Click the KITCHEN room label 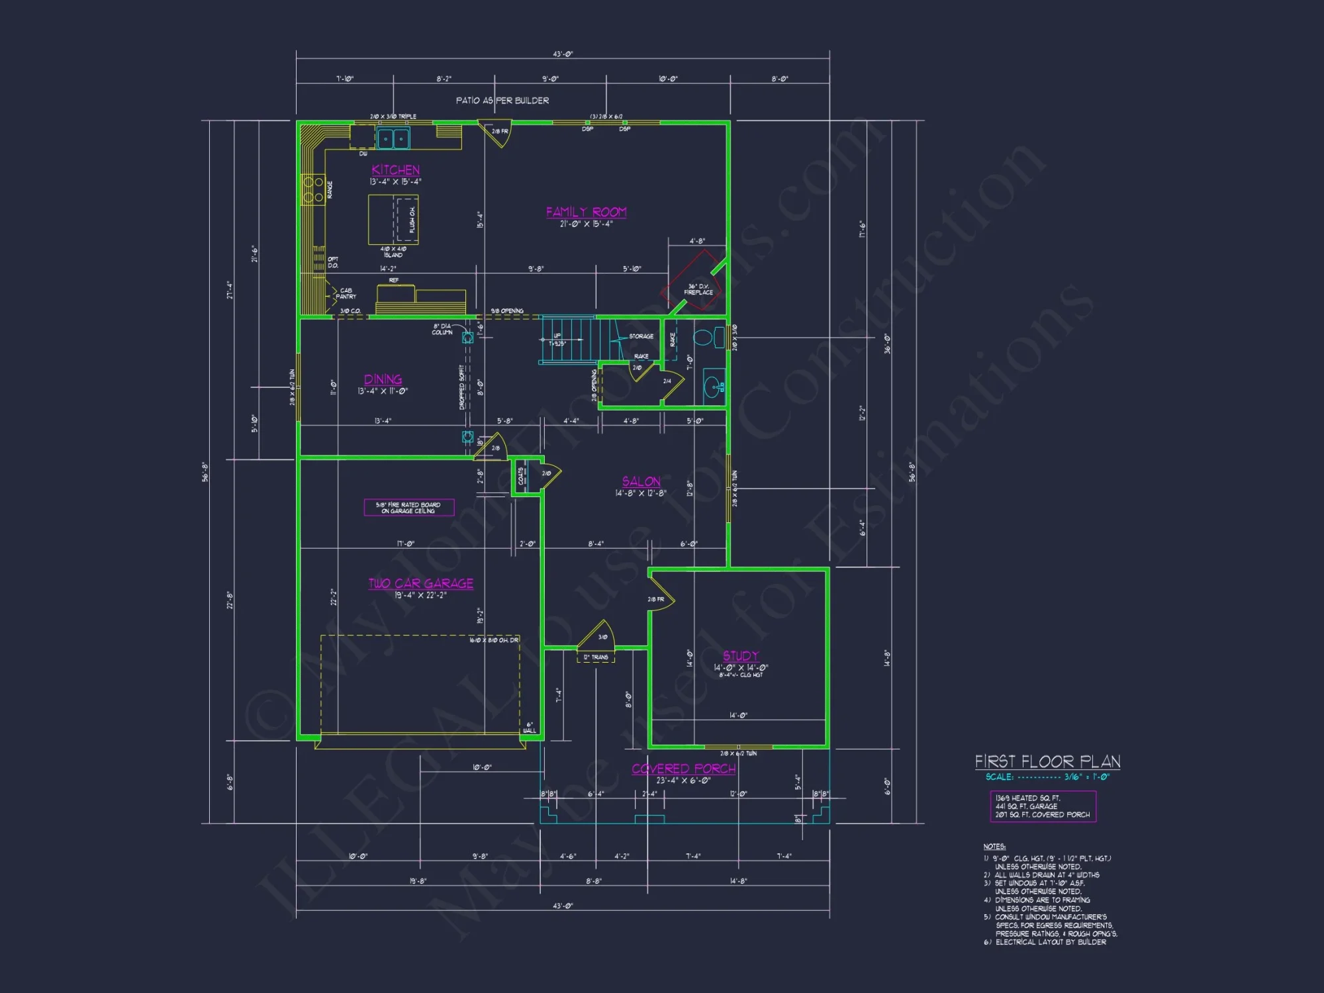(395, 170)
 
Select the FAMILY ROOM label (586, 212)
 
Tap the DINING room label (383, 379)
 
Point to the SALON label (641, 481)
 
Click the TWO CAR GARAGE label (421, 583)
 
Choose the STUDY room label (741, 656)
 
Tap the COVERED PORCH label (683, 769)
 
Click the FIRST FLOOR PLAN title (1047, 762)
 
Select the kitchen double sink (393, 139)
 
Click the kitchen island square (393, 220)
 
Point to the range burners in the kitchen (313, 189)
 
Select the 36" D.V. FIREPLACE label (698, 289)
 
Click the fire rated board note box (409, 507)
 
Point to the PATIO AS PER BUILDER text (502, 101)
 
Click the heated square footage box (1043, 806)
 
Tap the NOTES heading (994, 847)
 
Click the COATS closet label (521, 476)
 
